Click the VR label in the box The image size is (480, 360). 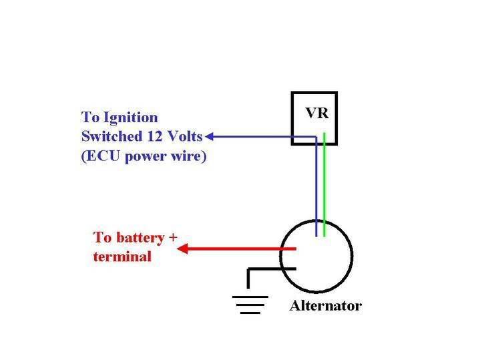[x=316, y=113]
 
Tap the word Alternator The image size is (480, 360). [x=325, y=306]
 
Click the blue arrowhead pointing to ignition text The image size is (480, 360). [x=209, y=137]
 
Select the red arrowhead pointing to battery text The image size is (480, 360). [x=181, y=249]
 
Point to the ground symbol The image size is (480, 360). [x=249, y=303]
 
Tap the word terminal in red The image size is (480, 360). [x=122, y=256]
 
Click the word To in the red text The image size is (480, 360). [x=101, y=237]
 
